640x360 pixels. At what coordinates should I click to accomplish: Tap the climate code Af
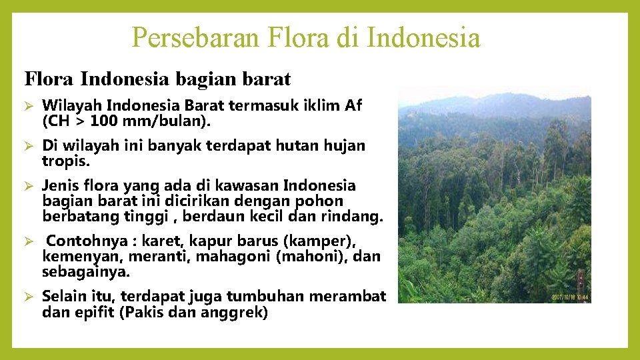click(x=353, y=105)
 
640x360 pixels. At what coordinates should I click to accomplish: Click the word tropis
click(x=65, y=161)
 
